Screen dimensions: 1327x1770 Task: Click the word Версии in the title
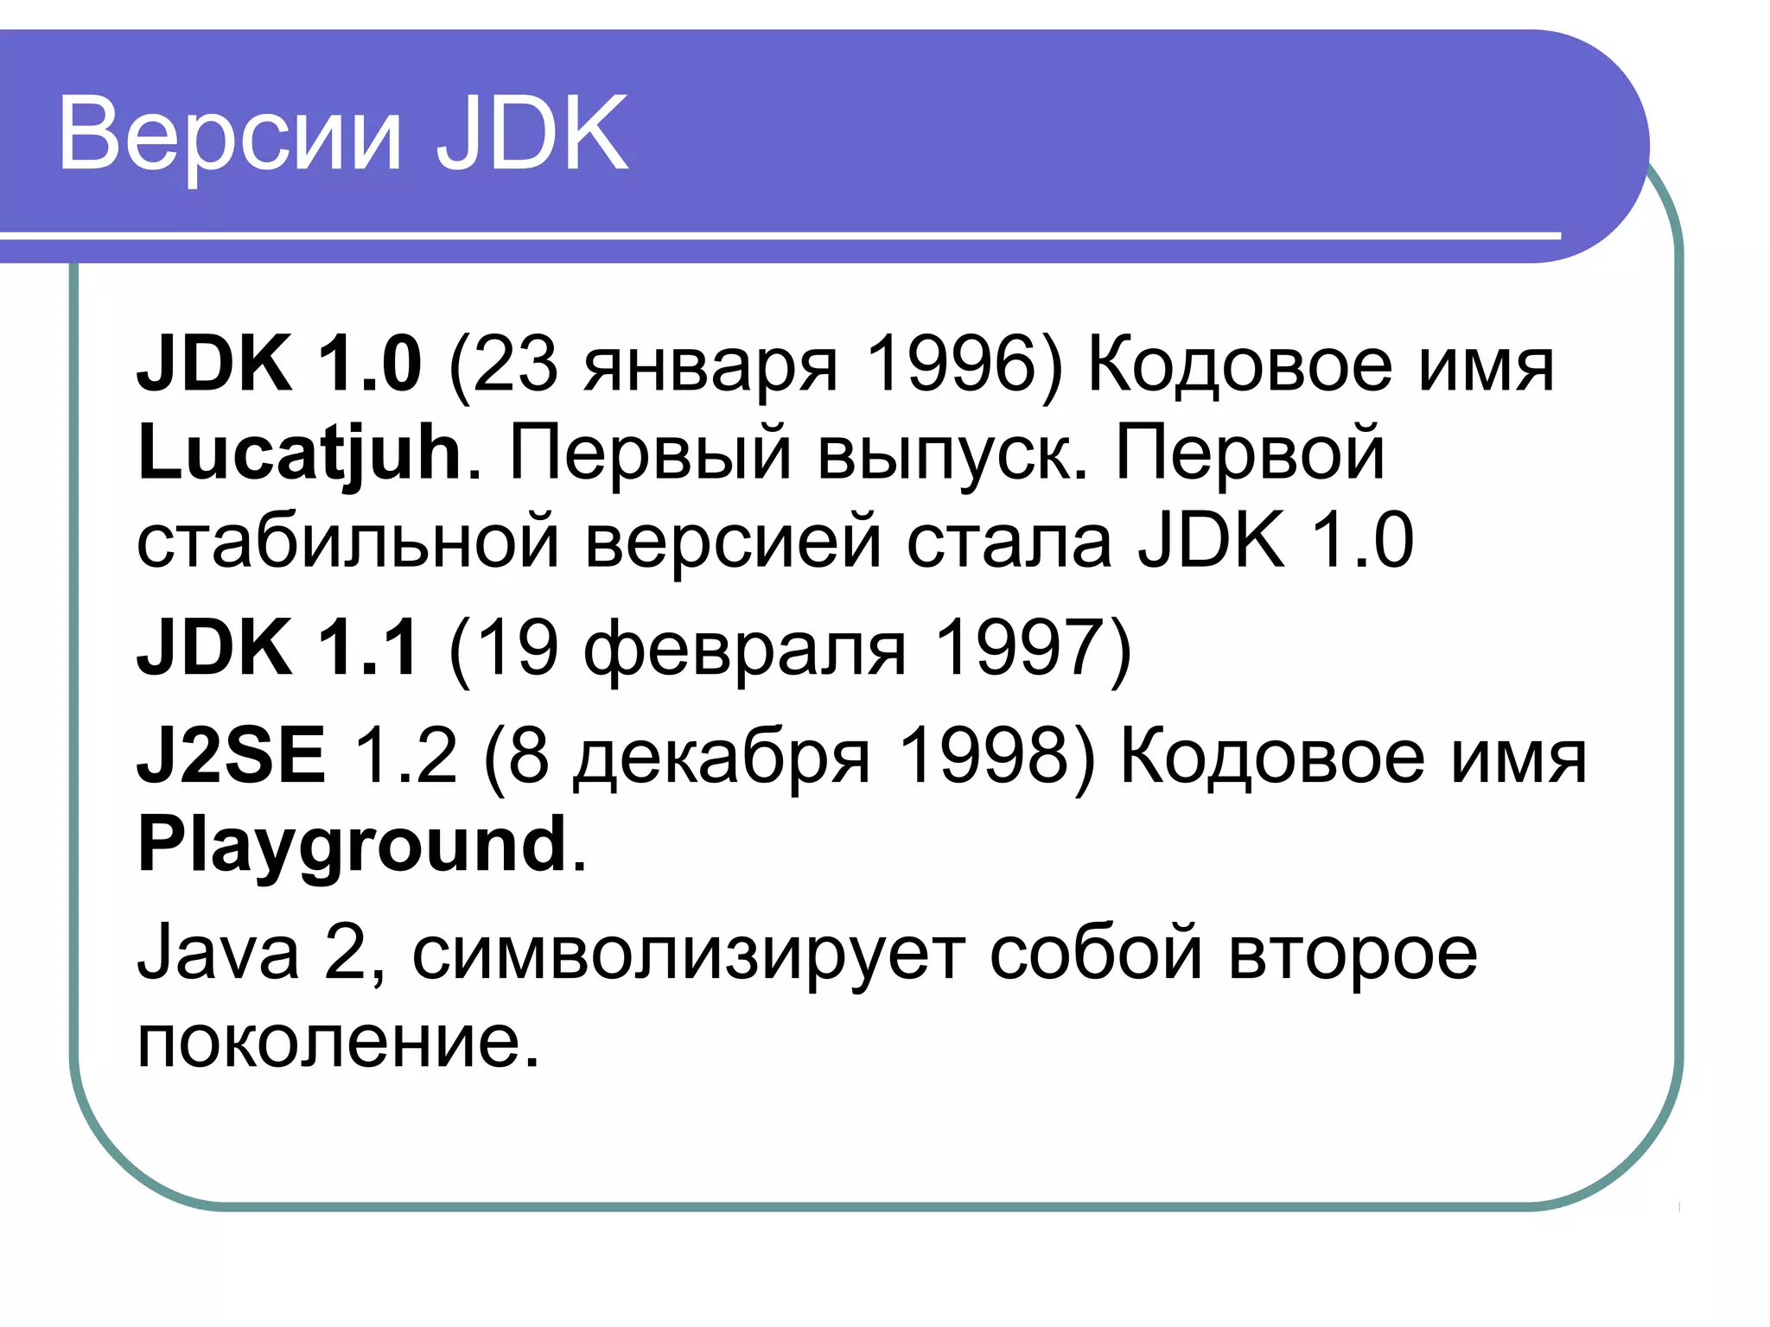[x=230, y=135]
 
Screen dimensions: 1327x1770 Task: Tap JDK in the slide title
[x=532, y=133]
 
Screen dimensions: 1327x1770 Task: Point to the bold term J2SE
[x=232, y=756]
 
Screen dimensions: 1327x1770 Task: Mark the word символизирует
[x=688, y=956]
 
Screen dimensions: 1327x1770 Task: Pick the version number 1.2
[x=404, y=756]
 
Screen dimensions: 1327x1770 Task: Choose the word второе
[x=1353, y=956]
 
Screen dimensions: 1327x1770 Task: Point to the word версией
[x=733, y=543]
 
